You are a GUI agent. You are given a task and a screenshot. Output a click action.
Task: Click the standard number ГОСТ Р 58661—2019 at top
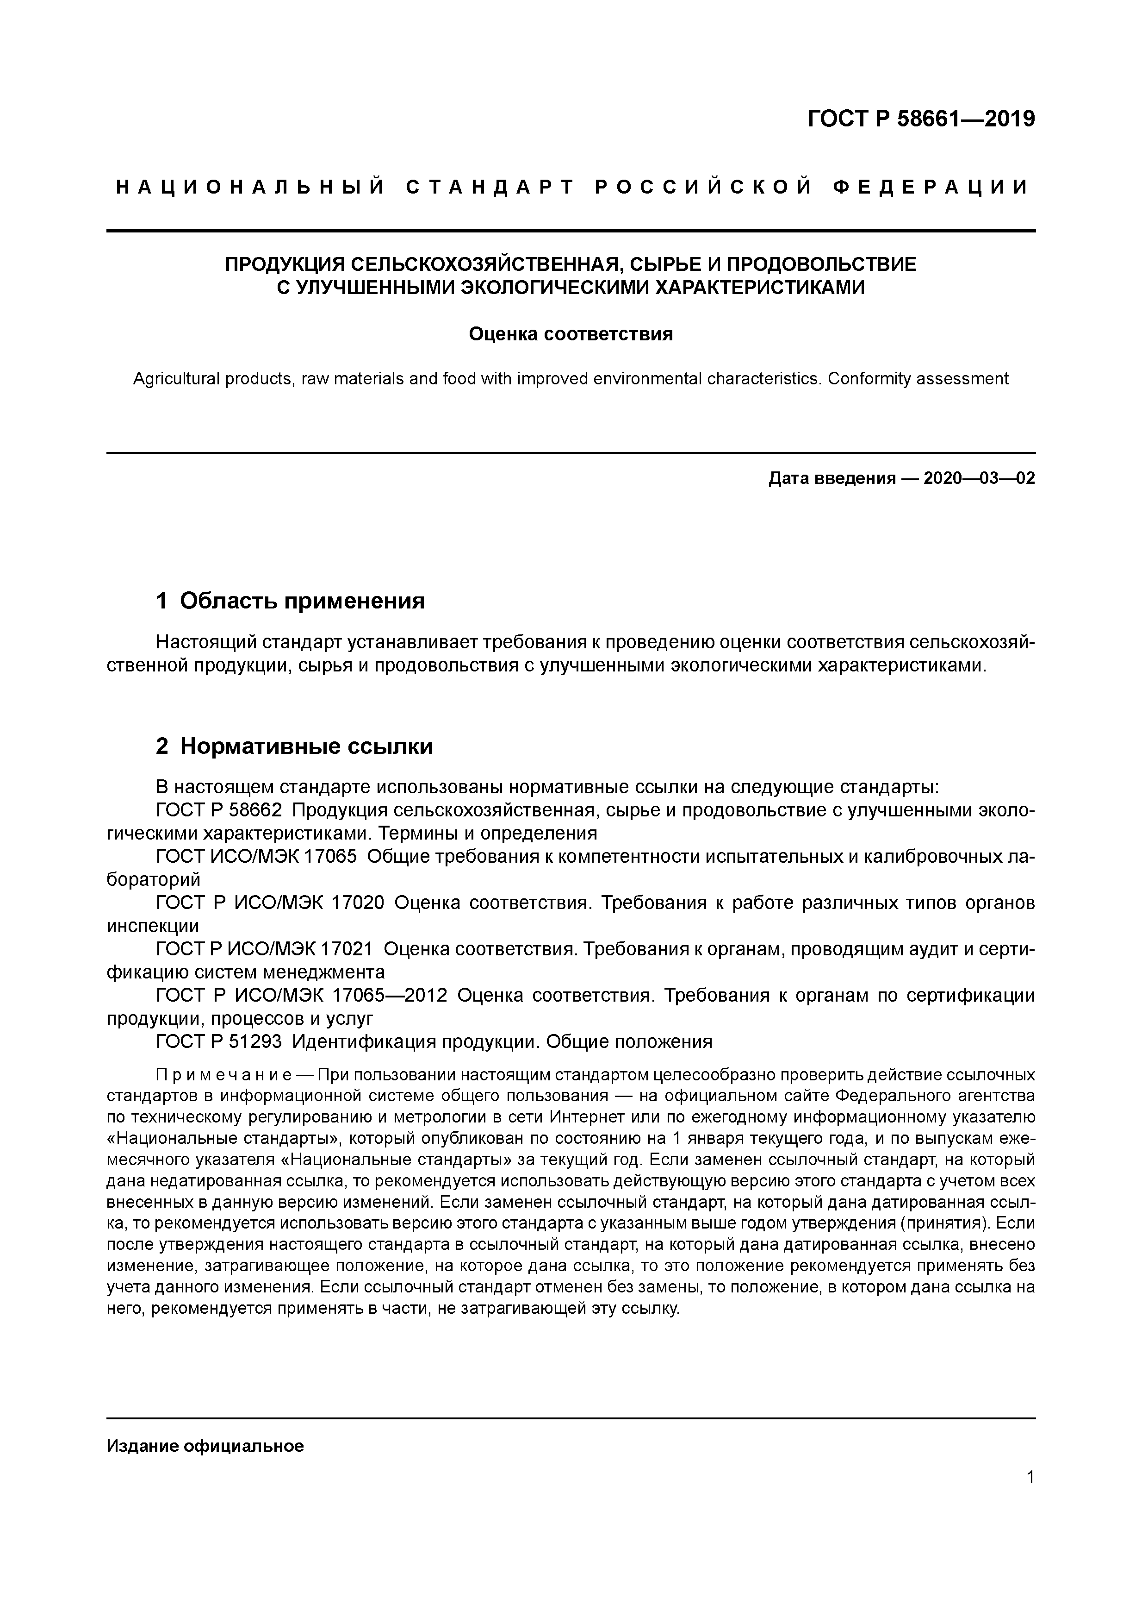[920, 119]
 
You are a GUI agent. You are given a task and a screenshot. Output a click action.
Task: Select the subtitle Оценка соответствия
[571, 334]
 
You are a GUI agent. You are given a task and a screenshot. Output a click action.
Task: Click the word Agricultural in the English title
[177, 379]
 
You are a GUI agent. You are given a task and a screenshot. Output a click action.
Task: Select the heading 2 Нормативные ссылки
[294, 746]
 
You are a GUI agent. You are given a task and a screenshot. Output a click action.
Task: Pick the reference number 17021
[347, 949]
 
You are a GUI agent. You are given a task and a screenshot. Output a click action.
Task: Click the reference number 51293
[255, 1042]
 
